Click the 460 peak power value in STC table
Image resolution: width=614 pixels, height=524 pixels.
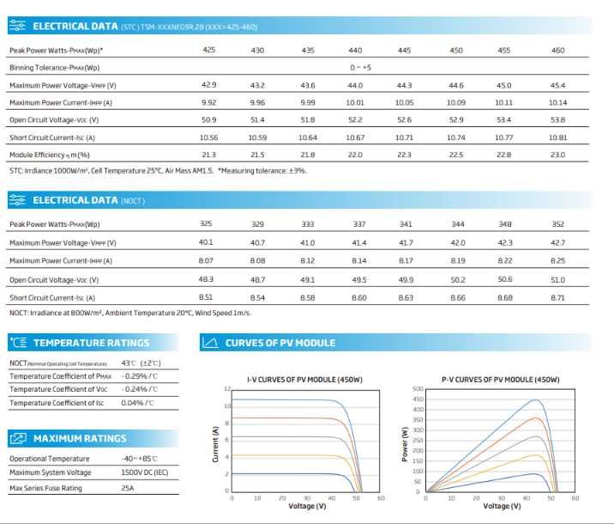tap(557, 50)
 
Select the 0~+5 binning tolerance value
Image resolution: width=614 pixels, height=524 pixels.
tap(360, 68)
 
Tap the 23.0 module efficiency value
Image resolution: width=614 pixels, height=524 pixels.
tap(557, 155)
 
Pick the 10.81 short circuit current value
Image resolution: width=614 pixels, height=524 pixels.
tap(557, 137)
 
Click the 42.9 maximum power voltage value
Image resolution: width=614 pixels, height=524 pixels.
tap(208, 85)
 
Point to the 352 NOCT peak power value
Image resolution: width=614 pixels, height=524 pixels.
tap(557, 224)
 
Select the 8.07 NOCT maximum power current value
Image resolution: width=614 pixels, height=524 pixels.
tap(206, 260)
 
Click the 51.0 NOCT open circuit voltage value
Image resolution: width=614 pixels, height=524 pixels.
tap(557, 280)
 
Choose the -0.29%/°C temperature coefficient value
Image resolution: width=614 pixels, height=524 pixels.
tap(140, 376)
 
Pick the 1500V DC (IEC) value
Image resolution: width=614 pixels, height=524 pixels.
tap(144, 472)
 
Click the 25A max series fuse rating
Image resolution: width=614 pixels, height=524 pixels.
tap(127, 488)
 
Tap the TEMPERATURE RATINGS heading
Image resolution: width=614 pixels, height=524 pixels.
tap(91, 343)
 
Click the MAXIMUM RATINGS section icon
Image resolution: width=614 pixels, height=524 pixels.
tap(18, 438)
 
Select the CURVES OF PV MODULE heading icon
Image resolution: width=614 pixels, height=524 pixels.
tap(210, 343)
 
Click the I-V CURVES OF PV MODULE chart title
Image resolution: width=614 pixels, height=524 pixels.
tap(304, 380)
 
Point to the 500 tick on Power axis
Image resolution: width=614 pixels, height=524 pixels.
tap(418, 388)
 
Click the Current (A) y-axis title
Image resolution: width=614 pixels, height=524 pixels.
tap(215, 444)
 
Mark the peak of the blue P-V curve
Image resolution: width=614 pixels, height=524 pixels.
tap(536, 399)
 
